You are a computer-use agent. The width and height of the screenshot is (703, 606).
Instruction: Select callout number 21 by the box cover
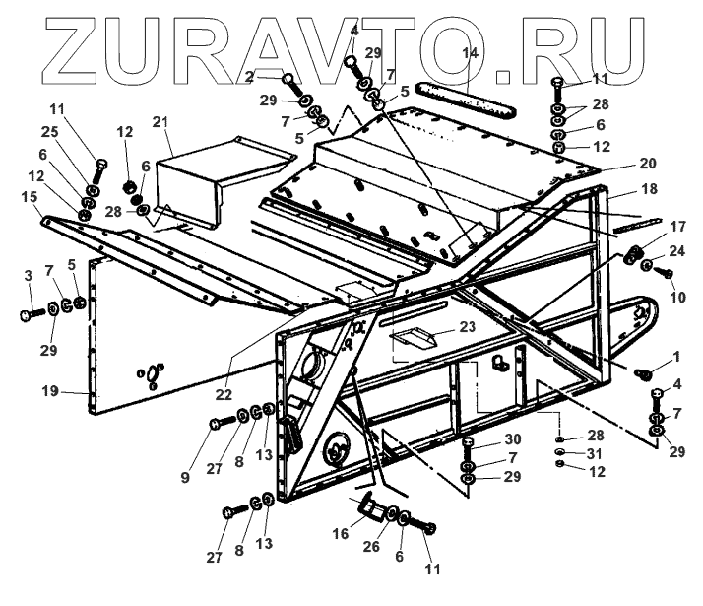click(x=161, y=122)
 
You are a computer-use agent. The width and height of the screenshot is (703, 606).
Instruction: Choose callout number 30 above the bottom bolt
click(x=483, y=439)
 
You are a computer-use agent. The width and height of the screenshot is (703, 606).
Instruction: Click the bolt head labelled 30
click(x=467, y=445)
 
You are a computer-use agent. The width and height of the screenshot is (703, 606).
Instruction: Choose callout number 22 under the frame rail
click(x=225, y=394)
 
